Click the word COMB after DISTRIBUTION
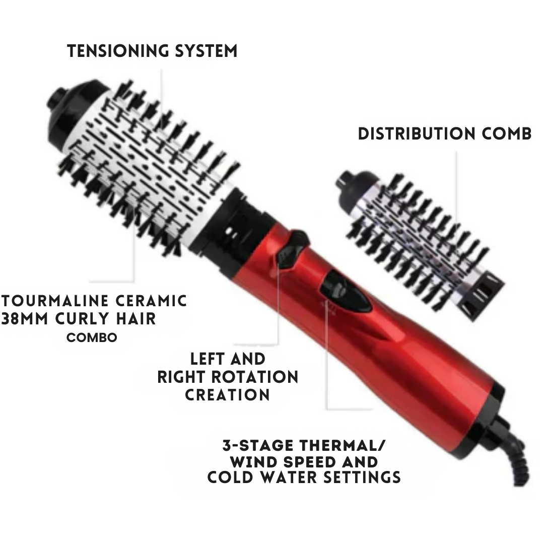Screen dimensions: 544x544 505,133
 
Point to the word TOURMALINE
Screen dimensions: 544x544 53,301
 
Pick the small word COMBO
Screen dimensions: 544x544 92,337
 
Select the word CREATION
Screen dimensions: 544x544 227,394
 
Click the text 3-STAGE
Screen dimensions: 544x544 256,445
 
